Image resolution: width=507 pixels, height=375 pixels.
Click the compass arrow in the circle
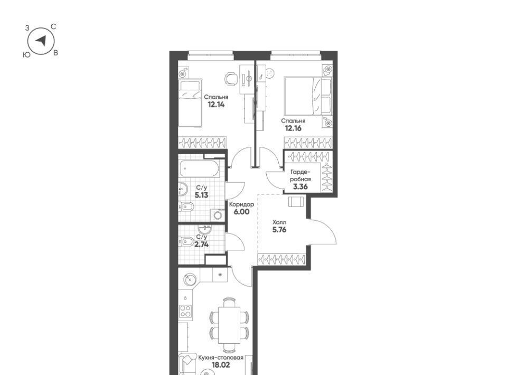41,41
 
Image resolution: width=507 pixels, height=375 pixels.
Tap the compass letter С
54,27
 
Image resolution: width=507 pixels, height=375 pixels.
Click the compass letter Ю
27,55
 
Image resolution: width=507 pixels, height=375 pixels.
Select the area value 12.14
216,105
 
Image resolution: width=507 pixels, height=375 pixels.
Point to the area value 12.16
293,128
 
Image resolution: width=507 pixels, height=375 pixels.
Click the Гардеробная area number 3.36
300,186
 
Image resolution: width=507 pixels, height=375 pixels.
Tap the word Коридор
241,204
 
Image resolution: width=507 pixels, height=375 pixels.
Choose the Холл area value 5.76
279,230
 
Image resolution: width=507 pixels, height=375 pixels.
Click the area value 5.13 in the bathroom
201,195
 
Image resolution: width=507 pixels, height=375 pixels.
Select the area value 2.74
201,245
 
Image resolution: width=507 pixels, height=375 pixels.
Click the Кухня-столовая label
221,358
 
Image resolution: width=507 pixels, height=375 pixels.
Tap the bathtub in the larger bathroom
199,168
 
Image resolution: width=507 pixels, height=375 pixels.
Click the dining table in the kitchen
229,325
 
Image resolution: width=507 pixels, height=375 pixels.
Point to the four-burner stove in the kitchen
185,311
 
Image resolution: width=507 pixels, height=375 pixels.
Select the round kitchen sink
190,279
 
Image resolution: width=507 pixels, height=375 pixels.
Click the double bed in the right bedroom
308,96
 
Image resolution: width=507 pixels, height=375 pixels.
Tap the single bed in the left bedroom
190,103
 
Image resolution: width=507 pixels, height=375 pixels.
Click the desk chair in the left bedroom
230,79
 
